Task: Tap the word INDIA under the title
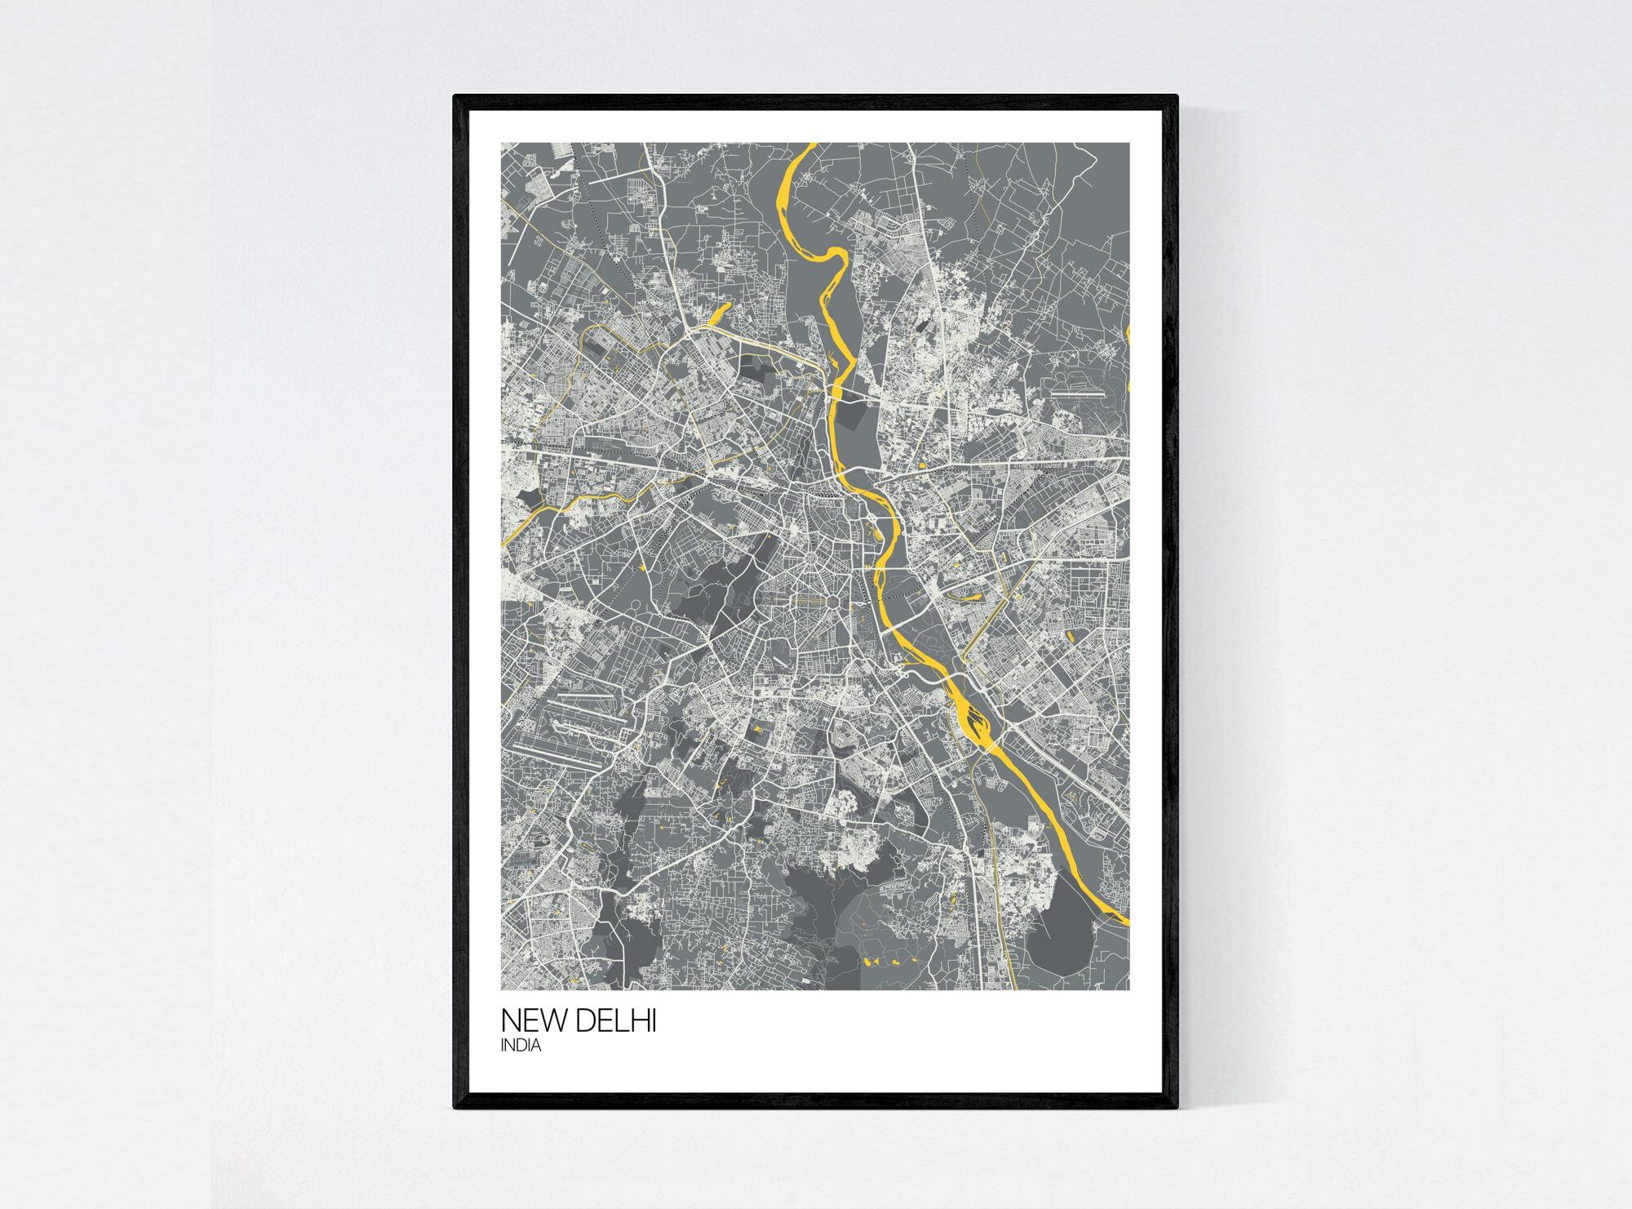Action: click(521, 1047)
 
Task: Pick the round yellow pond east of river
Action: click(921, 467)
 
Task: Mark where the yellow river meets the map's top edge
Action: click(811, 145)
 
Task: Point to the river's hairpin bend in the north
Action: click(834, 253)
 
